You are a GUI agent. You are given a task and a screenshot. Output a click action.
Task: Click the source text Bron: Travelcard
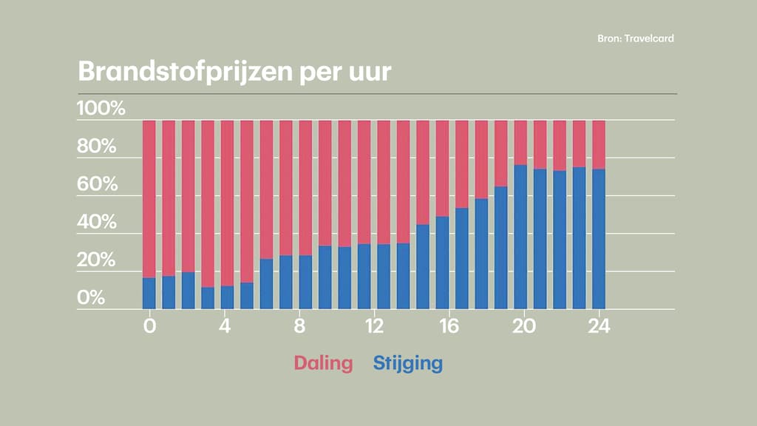pos(635,38)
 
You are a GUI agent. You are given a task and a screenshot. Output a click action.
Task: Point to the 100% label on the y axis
pos(101,109)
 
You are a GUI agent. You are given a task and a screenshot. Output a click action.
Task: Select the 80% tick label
pos(97,146)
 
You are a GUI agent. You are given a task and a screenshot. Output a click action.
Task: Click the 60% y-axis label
pos(97,184)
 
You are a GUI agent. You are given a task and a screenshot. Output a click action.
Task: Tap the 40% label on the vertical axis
pos(97,222)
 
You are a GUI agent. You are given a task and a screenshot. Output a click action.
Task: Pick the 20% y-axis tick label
pos(97,260)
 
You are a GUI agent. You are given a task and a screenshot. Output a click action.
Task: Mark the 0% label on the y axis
pos(92,298)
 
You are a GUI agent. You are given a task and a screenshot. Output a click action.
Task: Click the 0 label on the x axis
pos(149,326)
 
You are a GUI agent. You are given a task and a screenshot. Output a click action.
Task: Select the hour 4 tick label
pos(225,326)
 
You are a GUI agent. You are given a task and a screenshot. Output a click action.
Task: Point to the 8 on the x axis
pos(299,326)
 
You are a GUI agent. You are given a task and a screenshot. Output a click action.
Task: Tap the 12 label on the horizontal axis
pos(374,326)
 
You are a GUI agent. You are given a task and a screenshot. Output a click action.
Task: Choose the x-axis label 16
pos(449,326)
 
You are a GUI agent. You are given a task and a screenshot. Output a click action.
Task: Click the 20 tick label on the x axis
pos(524,326)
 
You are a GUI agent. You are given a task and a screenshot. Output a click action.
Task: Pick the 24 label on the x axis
pos(600,326)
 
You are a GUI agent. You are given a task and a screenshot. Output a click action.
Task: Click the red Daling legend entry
pos(323,364)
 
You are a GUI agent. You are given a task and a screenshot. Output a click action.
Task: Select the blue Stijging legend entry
pos(408,364)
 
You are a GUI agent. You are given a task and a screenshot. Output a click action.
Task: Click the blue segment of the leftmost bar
pos(149,294)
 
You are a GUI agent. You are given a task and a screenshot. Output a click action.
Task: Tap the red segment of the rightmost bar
pos(599,144)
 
